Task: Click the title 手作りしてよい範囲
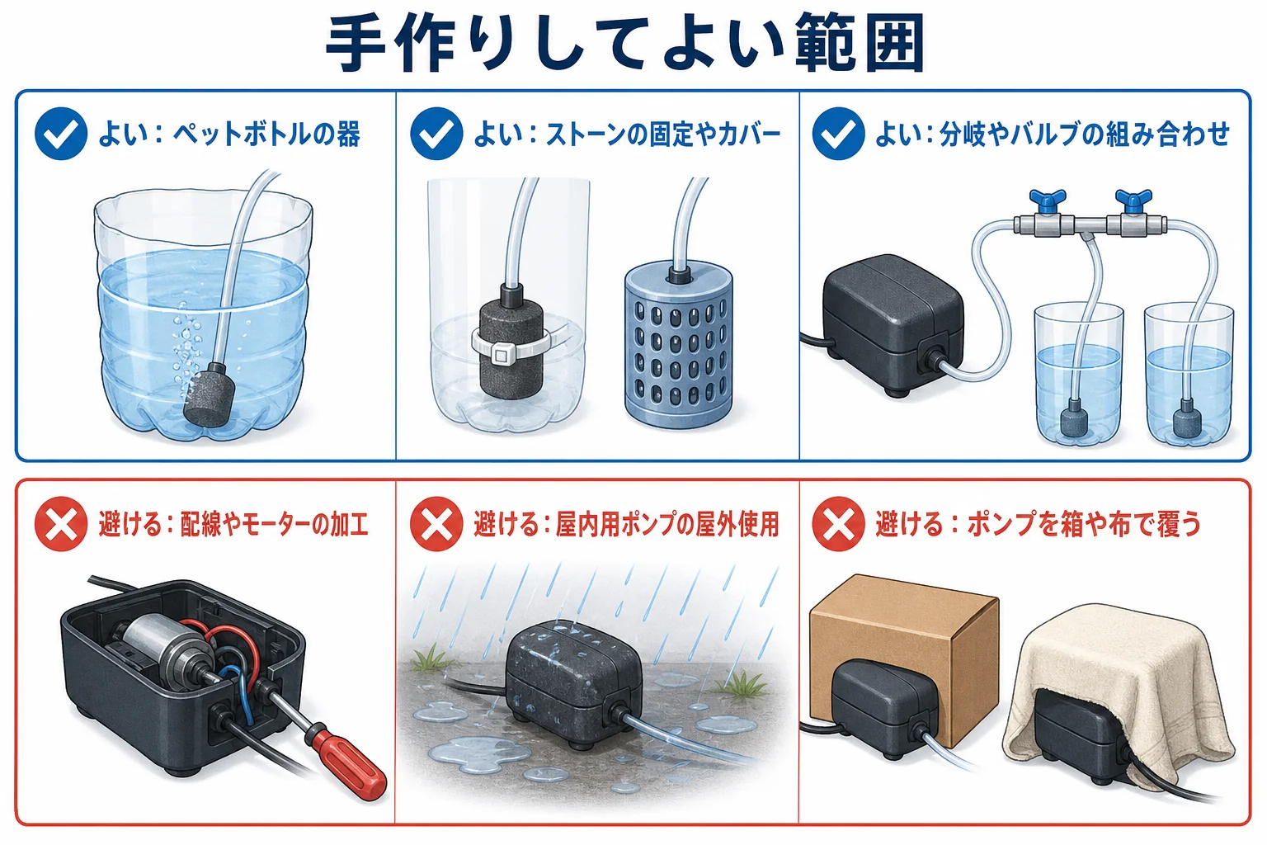pos(625,43)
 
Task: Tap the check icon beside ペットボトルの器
pos(61,134)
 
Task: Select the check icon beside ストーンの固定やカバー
pos(436,134)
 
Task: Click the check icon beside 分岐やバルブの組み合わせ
pos(838,134)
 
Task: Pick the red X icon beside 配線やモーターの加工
pos(61,524)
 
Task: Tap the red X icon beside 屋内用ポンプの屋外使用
pos(436,524)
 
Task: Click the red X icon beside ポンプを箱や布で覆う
pos(838,524)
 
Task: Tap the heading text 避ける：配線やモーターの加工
pos(233,524)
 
